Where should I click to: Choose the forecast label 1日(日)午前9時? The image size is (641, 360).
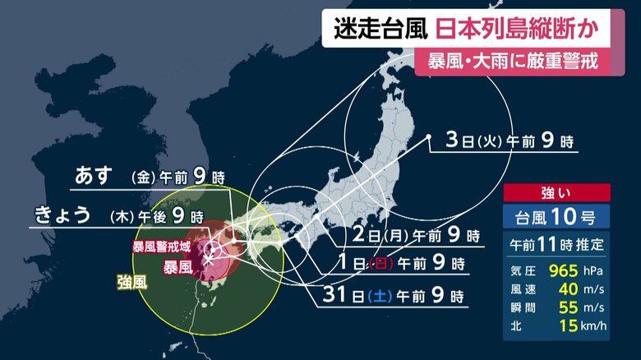tap(412, 265)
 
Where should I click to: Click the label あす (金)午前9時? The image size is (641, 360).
tap(149, 177)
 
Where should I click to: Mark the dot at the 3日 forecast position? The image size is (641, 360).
tap(429, 140)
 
